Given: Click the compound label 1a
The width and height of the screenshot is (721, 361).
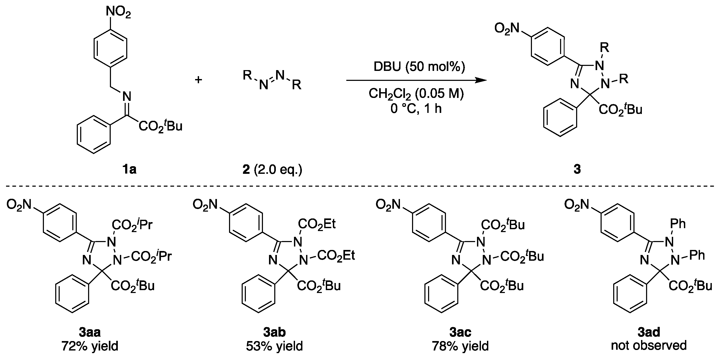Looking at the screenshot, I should click(129, 169).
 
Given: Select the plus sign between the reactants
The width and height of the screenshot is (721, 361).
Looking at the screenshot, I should click(199, 80).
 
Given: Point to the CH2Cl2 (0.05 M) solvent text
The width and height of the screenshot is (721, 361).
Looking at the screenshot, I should click(416, 94).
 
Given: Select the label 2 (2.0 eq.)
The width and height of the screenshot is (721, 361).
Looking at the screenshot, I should click(272, 169).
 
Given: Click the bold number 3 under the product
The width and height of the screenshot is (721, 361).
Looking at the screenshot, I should click(577, 169).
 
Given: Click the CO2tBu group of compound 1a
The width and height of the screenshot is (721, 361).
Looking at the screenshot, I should click(160, 126).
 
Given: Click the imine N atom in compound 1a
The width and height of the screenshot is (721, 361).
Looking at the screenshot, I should click(127, 97).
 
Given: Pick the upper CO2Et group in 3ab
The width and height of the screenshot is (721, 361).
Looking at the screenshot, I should click(317, 224).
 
